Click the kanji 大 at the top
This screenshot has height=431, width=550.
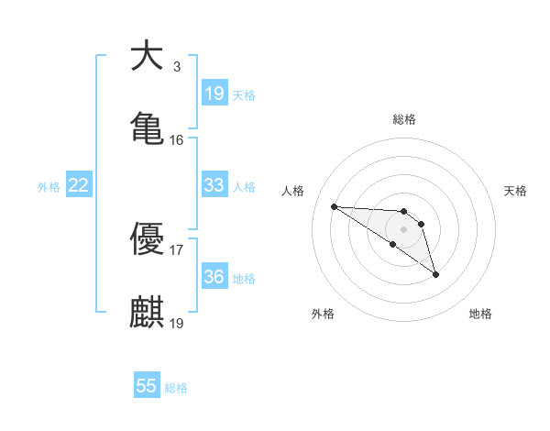[x=147, y=57]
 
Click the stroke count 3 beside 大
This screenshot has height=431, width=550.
[x=176, y=67]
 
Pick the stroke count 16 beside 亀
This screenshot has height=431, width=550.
[x=176, y=139]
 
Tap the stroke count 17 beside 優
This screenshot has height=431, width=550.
[x=176, y=249]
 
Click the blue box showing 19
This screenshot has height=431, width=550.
[x=214, y=94]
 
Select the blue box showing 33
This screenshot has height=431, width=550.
[x=214, y=185]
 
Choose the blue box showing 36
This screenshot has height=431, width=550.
[x=214, y=276]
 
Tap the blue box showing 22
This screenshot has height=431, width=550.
[x=79, y=186]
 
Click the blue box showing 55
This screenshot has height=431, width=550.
[x=147, y=386]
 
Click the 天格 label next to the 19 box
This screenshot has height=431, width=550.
[x=244, y=94]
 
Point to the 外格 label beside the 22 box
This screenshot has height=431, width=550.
[x=49, y=187]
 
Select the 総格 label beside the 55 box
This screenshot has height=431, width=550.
[x=176, y=388]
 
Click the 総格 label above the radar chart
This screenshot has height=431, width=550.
[x=404, y=119]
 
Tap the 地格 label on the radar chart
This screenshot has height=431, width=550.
[x=480, y=314]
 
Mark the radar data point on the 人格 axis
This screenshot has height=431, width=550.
[x=335, y=206]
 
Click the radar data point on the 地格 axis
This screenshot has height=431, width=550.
[x=435, y=274]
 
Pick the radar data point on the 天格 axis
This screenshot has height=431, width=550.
[x=421, y=224]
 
